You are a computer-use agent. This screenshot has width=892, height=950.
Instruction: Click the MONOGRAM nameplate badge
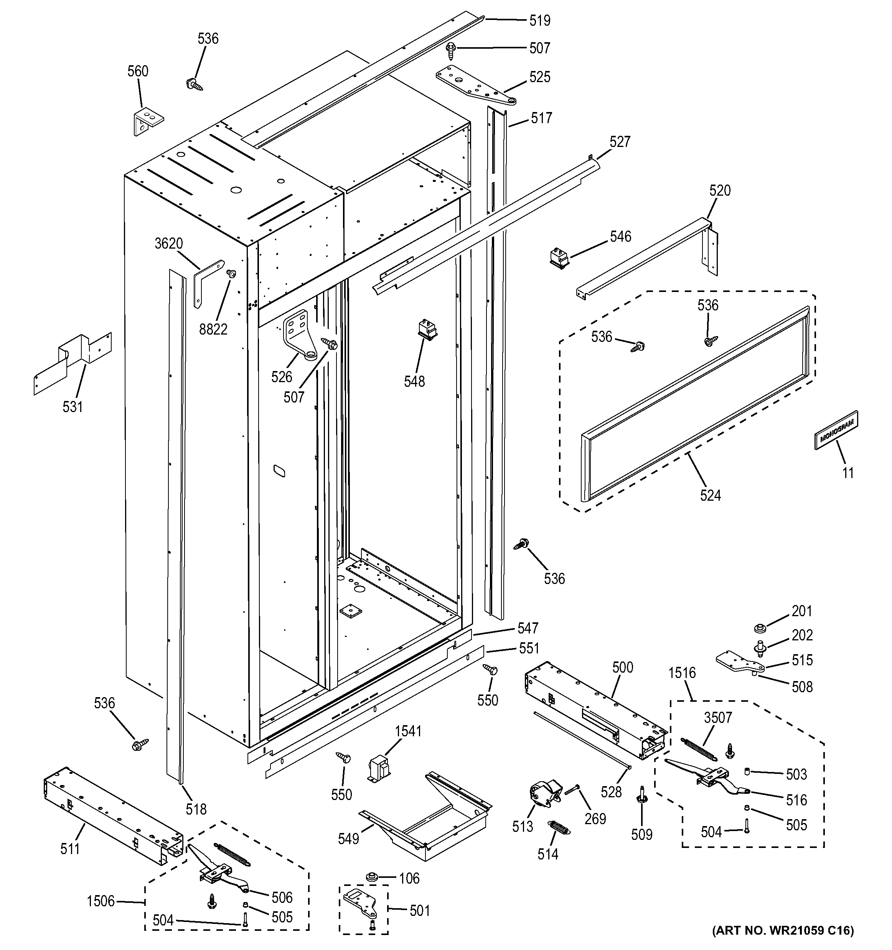(836, 430)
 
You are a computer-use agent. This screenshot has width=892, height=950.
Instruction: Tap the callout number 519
(539, 21)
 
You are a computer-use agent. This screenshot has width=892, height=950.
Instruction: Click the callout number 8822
(213, 329)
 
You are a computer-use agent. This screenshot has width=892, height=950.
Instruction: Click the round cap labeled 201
(759, 627)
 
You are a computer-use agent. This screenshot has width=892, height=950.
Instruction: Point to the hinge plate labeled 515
(739, 663)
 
